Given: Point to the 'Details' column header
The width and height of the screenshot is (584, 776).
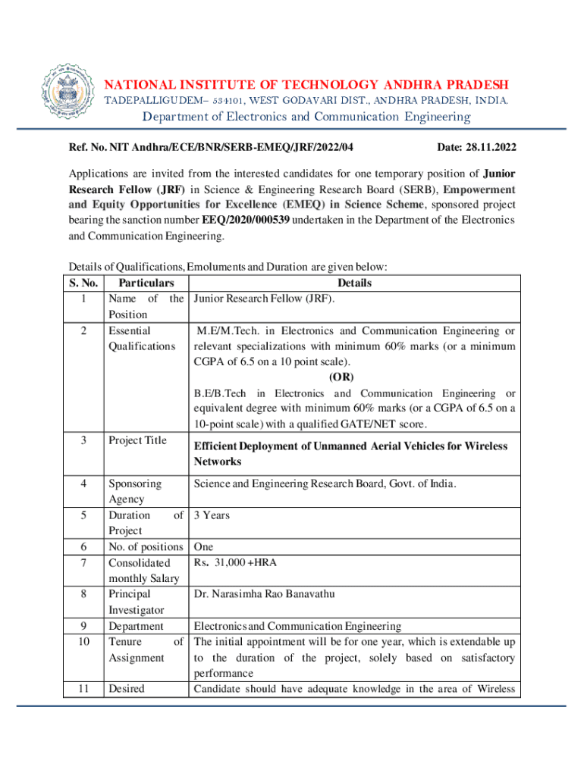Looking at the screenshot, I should tap(354, 283).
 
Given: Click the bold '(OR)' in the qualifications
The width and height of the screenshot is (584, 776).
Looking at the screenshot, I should tap(341, 377).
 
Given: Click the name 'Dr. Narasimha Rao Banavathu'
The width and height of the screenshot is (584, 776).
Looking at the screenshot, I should tap(263, 594).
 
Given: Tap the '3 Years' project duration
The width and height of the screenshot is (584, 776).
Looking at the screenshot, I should tap(212, 515).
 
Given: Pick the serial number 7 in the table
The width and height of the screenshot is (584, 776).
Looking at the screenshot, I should tap(83, 562).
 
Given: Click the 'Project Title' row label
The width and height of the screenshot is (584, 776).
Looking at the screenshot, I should tap(137, 440).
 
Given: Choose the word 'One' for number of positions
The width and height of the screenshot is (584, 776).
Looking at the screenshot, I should tap(203, 546).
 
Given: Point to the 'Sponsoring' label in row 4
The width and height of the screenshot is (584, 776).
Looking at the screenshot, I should tap(135, 483).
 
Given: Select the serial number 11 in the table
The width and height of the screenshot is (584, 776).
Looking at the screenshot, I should tap(83, 689).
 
